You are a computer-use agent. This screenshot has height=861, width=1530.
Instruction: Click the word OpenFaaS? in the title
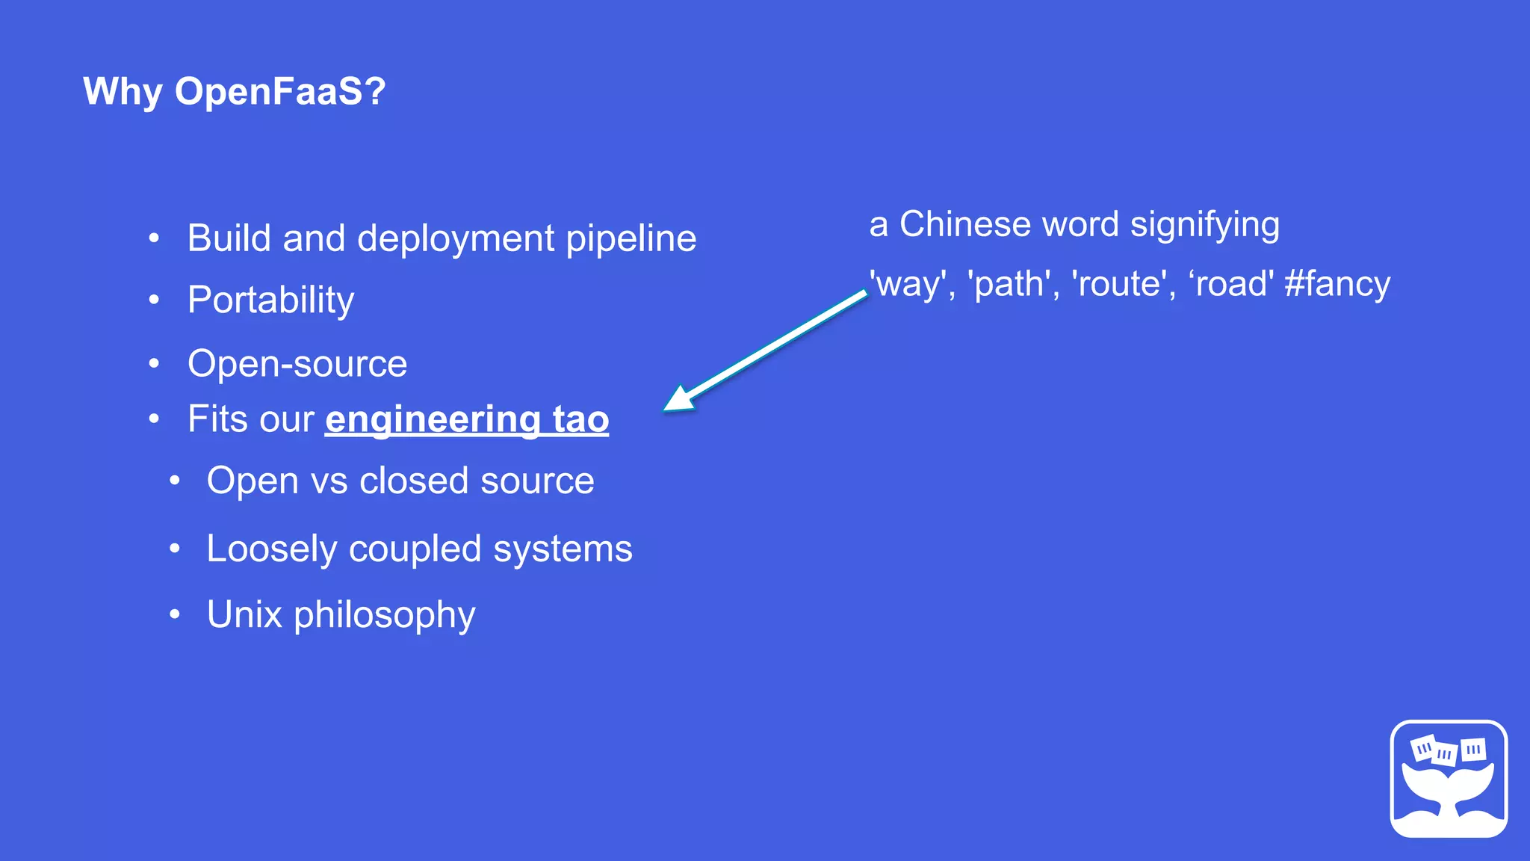[280, 91]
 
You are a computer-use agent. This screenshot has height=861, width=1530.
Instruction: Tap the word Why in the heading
[123, 91]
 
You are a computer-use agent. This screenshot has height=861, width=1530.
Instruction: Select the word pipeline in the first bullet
[631, 239]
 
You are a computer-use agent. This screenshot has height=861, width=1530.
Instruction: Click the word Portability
[270, 300]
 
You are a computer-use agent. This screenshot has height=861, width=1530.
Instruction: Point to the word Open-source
[297, 364]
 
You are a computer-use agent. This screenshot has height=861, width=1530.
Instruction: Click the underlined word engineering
[433, 419]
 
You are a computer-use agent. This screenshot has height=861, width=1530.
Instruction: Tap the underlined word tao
[580, 419]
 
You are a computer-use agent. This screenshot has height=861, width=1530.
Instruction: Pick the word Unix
[244, 614]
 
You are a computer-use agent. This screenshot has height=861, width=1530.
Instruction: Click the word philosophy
[384, 616]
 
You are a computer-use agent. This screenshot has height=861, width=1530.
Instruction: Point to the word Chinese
[964, 224]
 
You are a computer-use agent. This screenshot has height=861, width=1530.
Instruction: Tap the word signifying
[1204, 225]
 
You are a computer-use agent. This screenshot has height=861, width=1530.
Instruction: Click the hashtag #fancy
[1337, 284]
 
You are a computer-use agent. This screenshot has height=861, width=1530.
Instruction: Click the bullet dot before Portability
[154, 300]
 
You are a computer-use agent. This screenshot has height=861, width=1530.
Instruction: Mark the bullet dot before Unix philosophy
[174, 614]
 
